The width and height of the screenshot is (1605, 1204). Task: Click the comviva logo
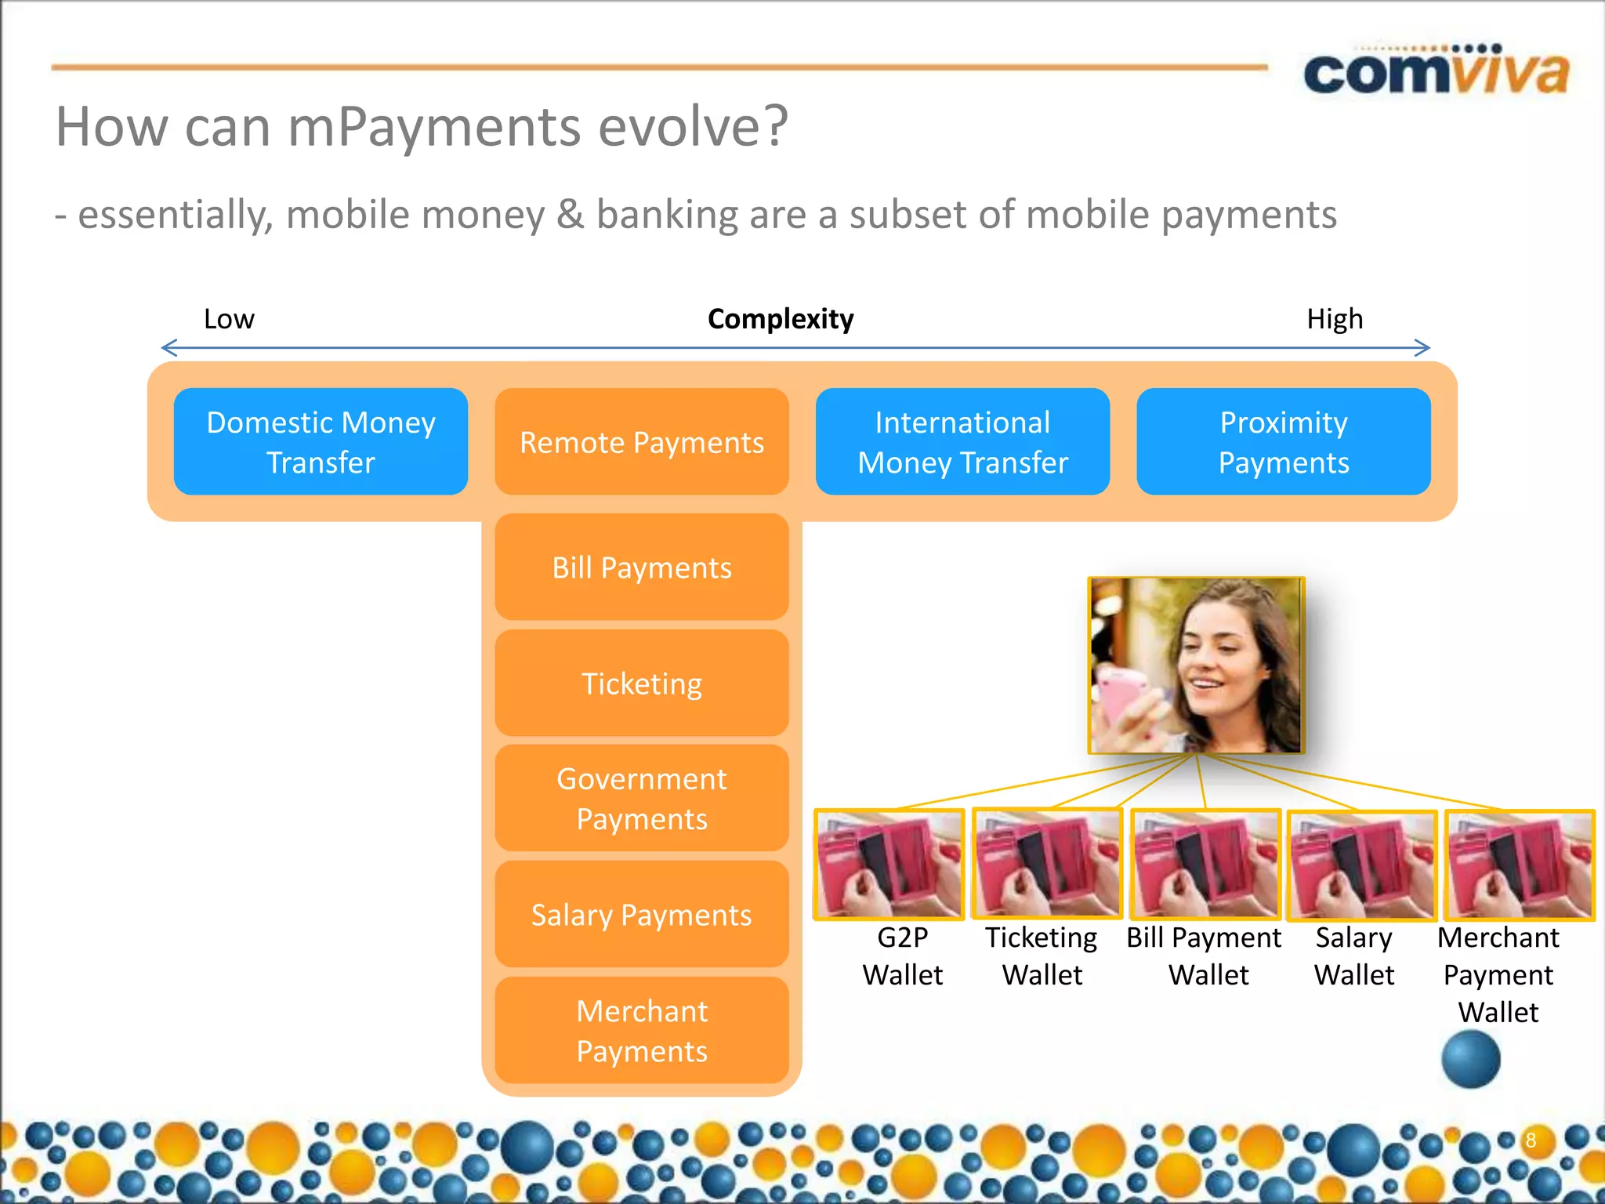1436,72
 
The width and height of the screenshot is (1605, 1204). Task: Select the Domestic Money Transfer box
321,442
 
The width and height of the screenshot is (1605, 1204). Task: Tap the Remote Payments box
642,442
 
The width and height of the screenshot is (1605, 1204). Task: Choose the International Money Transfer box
962,442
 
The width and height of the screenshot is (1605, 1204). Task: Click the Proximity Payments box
1283,442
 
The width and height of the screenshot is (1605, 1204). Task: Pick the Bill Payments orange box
642,568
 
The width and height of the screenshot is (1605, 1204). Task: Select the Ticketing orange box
642,684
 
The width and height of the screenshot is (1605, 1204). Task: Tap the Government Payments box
642,799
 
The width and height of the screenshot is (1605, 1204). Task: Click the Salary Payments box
642,915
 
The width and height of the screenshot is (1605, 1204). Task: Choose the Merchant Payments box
642,1031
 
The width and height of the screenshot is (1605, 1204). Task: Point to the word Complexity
781,319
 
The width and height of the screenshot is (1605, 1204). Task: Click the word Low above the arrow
229,319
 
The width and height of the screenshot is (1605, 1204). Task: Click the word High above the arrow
1335,319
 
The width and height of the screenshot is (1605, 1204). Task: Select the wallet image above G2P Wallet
889,864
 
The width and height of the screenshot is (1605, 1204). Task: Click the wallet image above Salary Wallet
1362,864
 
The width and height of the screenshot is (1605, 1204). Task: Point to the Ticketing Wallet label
1042,956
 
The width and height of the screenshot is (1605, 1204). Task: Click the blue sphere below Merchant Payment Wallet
1471,1059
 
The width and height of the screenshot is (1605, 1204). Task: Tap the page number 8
1531,1141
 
